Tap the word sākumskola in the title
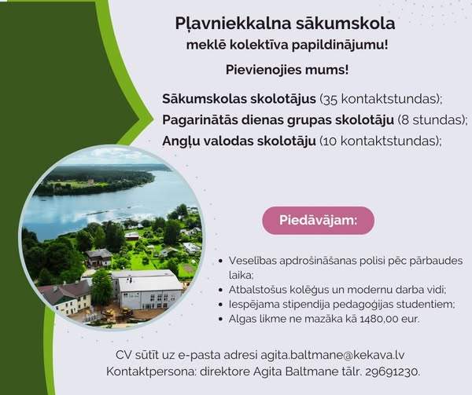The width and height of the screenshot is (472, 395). (x=345, y=23)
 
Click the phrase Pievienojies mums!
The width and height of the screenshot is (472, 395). (x=287, y=70)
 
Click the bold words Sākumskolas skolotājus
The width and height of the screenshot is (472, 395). (x=239, y=98)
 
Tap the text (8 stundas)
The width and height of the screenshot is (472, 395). (x=432, y=120)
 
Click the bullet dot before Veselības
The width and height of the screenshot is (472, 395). (x=221, y=261)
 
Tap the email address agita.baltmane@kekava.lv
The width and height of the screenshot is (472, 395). (x=332, y=355)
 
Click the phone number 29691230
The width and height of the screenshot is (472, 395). (x=393, y=372)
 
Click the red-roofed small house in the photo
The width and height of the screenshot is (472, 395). (x=132, y=236)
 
